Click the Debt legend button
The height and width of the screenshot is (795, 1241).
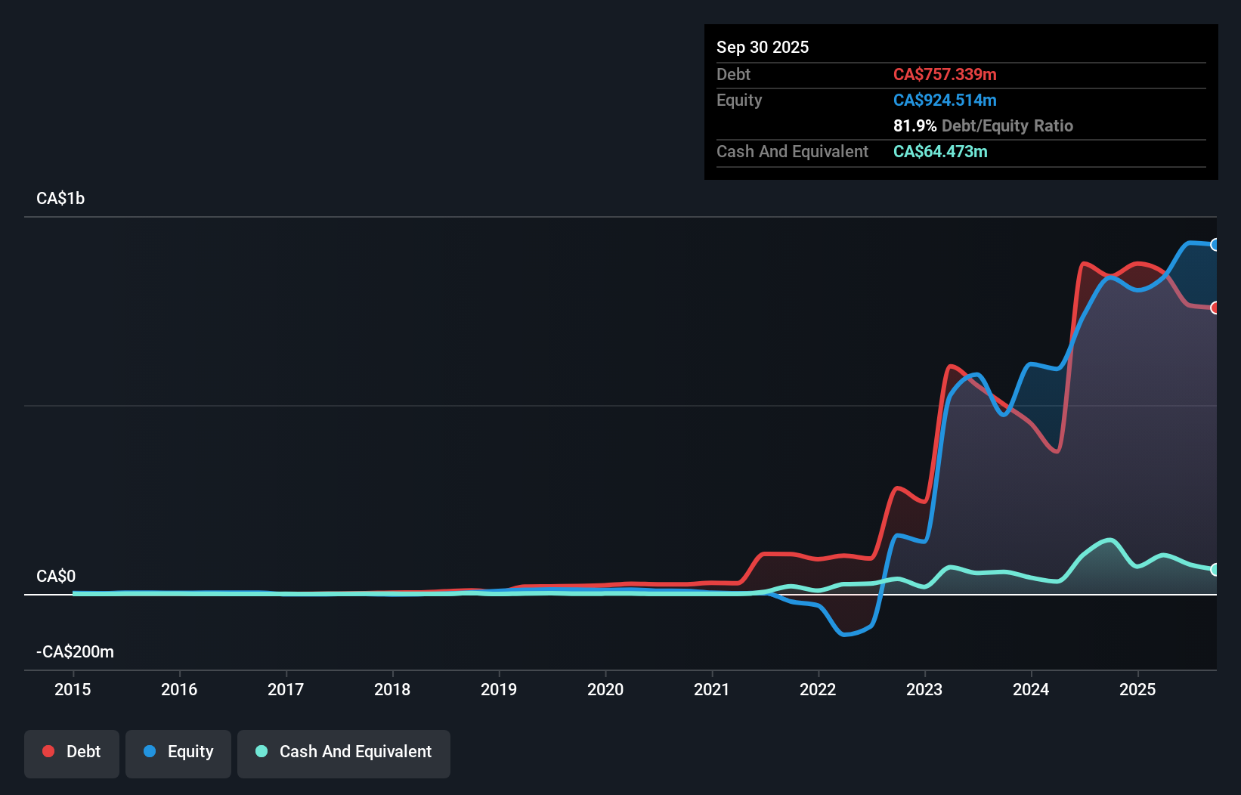pos(72,752)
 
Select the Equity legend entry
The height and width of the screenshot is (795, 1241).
pos(178,752)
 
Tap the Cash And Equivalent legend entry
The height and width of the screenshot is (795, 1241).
pos(344,752)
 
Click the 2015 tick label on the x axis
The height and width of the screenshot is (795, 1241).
pos(73,689)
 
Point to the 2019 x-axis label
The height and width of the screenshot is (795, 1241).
pos(499,689)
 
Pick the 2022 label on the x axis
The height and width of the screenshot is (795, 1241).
pos(818,689)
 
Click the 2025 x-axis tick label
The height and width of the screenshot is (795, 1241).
pos(1137,689)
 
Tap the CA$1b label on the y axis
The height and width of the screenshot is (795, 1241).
pos(60,198)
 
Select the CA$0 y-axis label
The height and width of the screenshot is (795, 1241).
pos(56,576)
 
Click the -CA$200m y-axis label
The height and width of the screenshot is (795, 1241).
pos(76,651)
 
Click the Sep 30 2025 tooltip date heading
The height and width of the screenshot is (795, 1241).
pos(763,47)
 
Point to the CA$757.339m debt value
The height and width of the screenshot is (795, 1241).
pos(945,74)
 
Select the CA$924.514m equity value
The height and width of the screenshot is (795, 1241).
pos(945,100)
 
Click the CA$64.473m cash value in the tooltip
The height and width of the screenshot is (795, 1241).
pos(940,151)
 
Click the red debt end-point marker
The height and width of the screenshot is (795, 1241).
pos(1215,308)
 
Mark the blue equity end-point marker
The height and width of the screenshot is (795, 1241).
pos(1215,245)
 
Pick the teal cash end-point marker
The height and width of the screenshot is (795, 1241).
pos(1215,570)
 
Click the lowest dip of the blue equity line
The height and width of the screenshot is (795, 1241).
pos(845,635)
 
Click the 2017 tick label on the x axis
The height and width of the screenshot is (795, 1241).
pos(286,689)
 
